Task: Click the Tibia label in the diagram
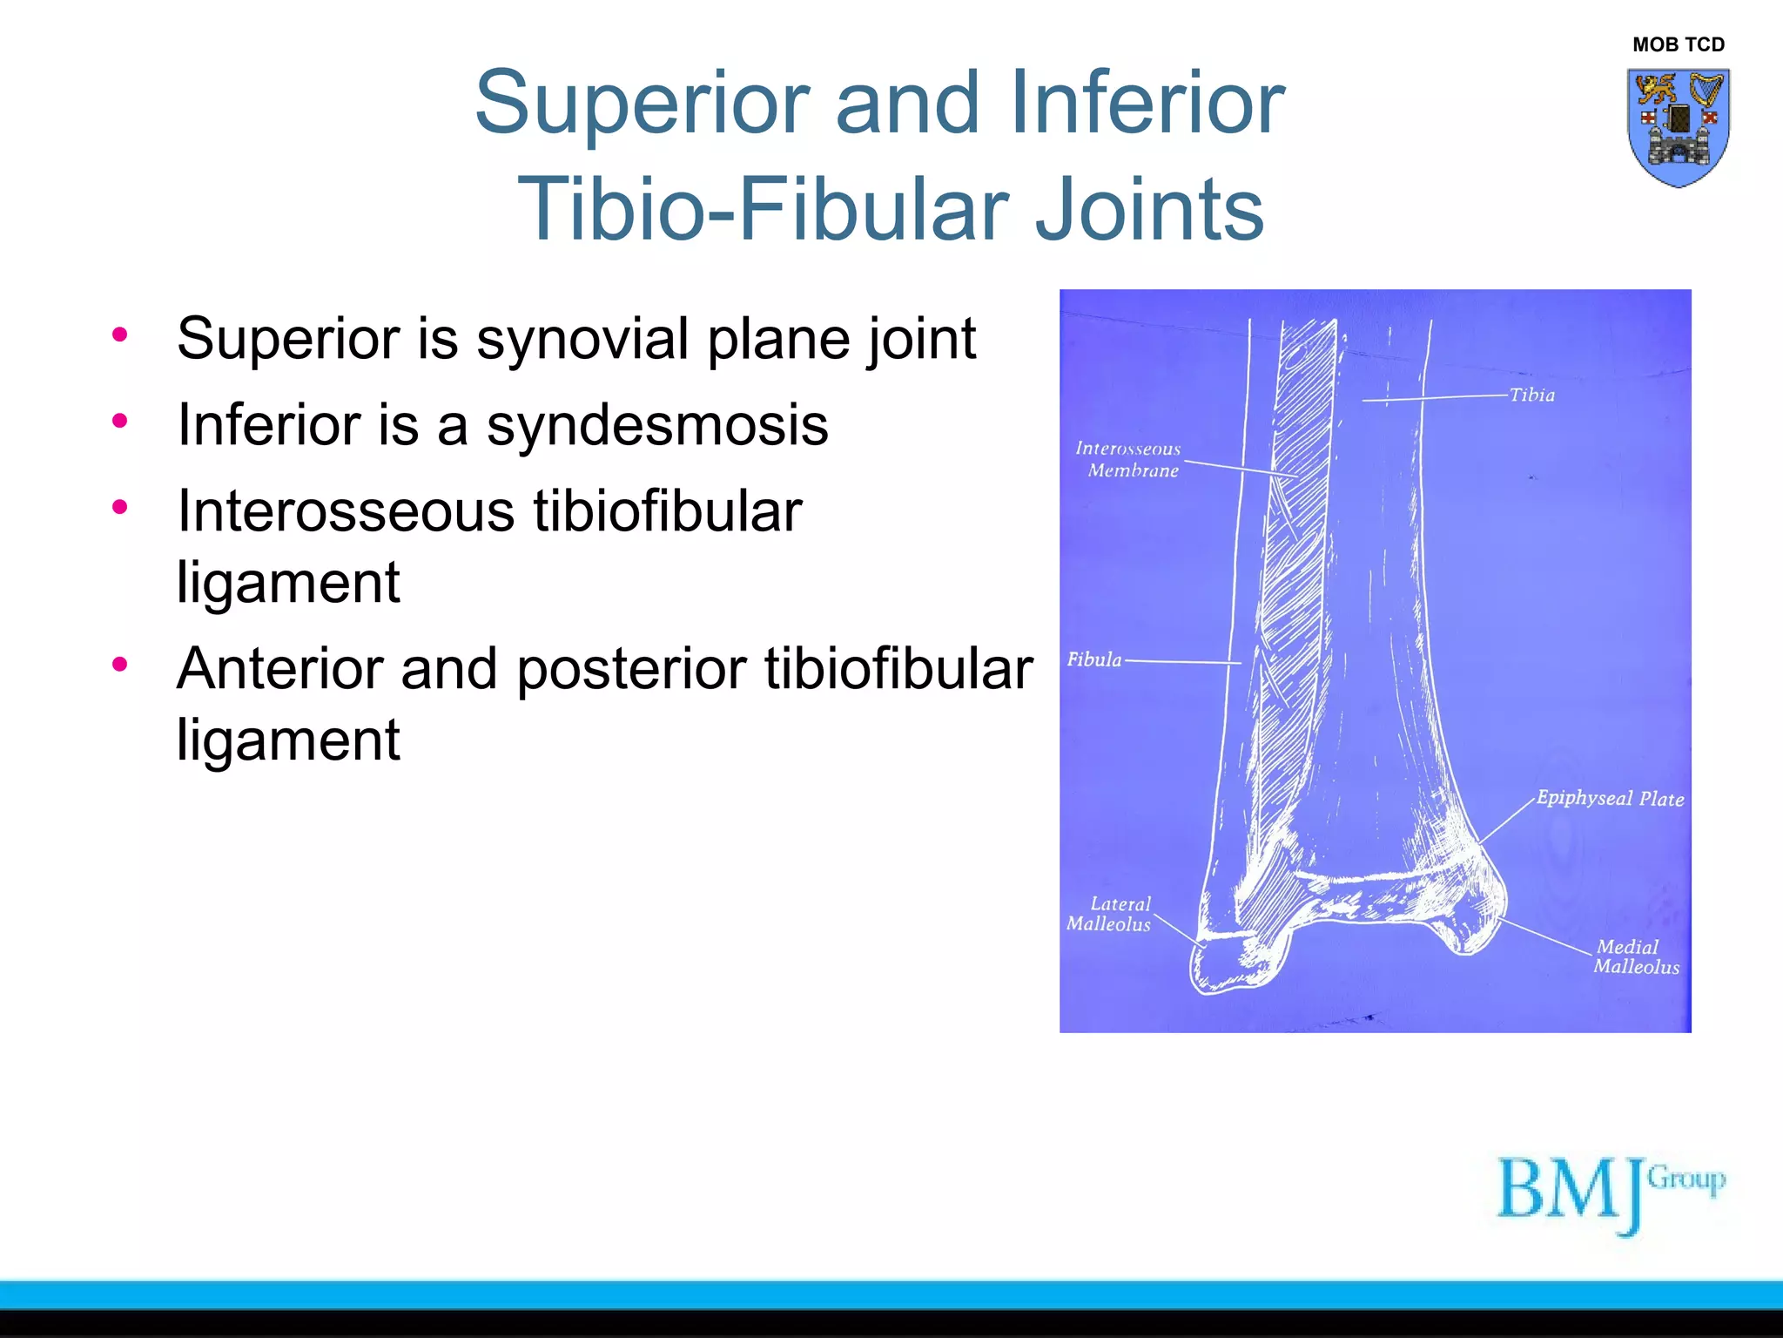[1531, 395]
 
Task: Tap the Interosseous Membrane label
[1128, 459]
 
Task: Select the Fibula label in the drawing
[1094, 659]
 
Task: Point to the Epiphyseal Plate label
[1609, 798]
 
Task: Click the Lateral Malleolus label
[1110, 914]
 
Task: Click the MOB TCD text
[1678, 44]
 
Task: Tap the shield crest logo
[1678, 127]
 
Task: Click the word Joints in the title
[1149, 209]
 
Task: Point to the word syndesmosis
[657, 425]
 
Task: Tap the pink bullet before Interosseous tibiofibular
[120, 506]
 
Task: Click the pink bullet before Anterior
[120, 665]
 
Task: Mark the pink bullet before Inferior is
[120, 421]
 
